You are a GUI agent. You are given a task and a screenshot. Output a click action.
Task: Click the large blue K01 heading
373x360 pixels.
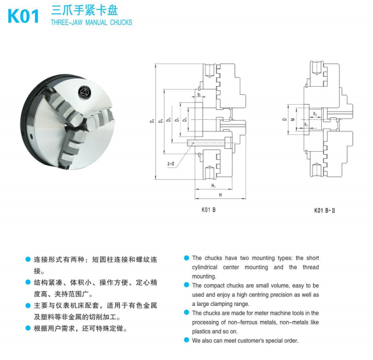pos(23,16)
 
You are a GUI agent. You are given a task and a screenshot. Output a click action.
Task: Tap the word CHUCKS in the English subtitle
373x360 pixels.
pos(121,22)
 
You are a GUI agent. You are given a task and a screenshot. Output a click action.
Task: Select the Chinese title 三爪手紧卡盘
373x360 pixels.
pos(84,10)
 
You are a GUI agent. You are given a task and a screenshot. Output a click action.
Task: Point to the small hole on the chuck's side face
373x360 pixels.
pos(31,136)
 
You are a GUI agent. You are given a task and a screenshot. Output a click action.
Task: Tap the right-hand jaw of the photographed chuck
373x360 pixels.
pos(100,119)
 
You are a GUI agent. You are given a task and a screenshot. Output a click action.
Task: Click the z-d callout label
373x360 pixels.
pos(170,163)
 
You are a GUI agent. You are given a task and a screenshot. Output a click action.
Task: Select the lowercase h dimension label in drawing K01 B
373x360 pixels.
pos(199,95)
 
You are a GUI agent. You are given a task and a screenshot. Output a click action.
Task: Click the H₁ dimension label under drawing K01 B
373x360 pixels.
pos(214,186)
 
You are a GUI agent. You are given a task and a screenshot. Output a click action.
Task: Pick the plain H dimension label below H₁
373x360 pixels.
pos(221,195)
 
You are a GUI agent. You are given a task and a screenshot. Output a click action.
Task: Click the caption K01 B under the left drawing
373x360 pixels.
pos(208,210)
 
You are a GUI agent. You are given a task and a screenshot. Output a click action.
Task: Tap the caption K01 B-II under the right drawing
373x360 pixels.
pos(325,211)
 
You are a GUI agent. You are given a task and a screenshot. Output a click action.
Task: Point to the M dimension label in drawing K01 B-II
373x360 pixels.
pos(293,119)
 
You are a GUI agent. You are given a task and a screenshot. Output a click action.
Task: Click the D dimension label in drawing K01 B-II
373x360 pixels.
pos(285,119)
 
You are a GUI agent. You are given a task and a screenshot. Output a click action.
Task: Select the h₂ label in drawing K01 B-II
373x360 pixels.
pos(315,114)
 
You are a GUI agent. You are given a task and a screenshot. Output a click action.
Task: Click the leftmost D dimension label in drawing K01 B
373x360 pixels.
pos(152,120)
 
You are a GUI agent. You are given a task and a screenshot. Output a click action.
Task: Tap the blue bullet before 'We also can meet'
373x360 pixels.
pos(186,340)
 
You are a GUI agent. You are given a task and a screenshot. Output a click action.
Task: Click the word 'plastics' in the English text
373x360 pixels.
pos(201,332)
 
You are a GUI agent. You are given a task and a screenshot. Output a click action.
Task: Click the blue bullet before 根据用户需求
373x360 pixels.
pos(28,328)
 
